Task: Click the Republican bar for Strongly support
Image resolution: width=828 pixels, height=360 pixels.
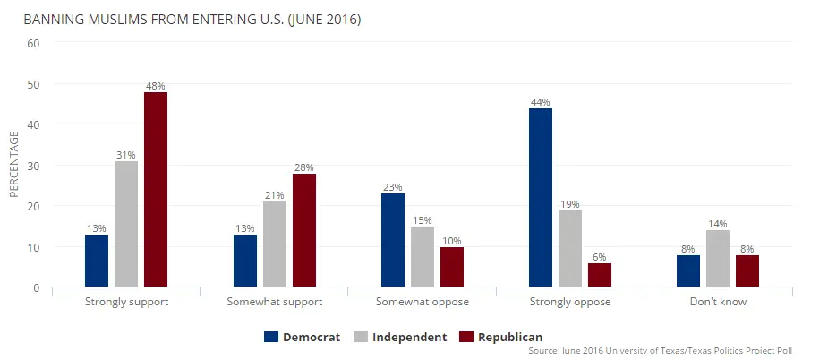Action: [x=156, y=190]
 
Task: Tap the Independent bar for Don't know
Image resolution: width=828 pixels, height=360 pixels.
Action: [x=718, y=259]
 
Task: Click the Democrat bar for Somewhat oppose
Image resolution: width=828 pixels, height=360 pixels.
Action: [x=393, y=240]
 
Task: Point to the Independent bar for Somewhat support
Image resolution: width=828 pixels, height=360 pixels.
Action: [x=274, y=244]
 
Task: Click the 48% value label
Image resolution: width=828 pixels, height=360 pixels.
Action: [x=156, y=86]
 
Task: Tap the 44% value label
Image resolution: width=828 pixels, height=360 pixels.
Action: [x=541, y=102]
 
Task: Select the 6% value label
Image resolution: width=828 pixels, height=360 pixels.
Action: [x=600, y=257]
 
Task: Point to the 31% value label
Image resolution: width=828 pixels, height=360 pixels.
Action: [x=126, y=155]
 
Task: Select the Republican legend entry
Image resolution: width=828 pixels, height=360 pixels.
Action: [x=500, y=337]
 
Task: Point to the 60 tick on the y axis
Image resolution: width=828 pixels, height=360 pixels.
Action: [x=34, y=43]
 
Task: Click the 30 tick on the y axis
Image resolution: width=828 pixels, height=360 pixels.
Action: [x=34, y=166]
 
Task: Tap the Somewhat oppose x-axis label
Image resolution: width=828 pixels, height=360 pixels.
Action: [x=422, y=302]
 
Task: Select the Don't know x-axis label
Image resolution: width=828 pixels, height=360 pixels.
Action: [x=718, y=302]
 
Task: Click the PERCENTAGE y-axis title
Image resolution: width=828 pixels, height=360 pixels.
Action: [x=13, y=164]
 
